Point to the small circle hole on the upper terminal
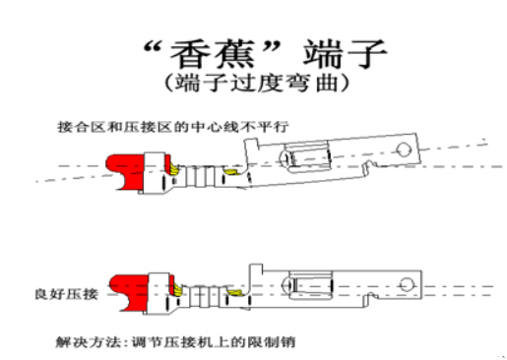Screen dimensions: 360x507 (x=402, y=150)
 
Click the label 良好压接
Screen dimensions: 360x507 (x=82, y=294)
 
